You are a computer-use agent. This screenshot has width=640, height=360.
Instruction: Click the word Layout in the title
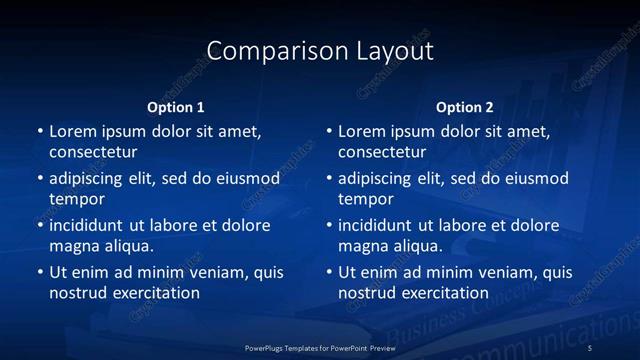click(390, 51)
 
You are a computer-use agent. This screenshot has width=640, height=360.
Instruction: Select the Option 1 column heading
click(176, 107)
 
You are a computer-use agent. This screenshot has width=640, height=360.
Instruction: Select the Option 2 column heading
click(465, 107)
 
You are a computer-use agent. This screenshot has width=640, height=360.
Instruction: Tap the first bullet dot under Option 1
click(39, 132)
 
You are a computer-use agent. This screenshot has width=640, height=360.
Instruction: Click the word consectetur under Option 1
click(93, 152)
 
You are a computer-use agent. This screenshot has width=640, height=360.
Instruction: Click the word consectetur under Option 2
click(382, 152)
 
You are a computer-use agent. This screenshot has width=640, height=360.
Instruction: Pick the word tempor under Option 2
click(366, 199)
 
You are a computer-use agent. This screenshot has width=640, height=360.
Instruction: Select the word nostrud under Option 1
click(76, 293)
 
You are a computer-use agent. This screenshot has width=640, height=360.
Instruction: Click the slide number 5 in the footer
click(591, 347)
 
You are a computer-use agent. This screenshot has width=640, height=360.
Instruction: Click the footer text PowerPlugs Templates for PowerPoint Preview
click(320, 347)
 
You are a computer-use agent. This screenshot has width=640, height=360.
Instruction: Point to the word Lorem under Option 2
click(361, 132)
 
